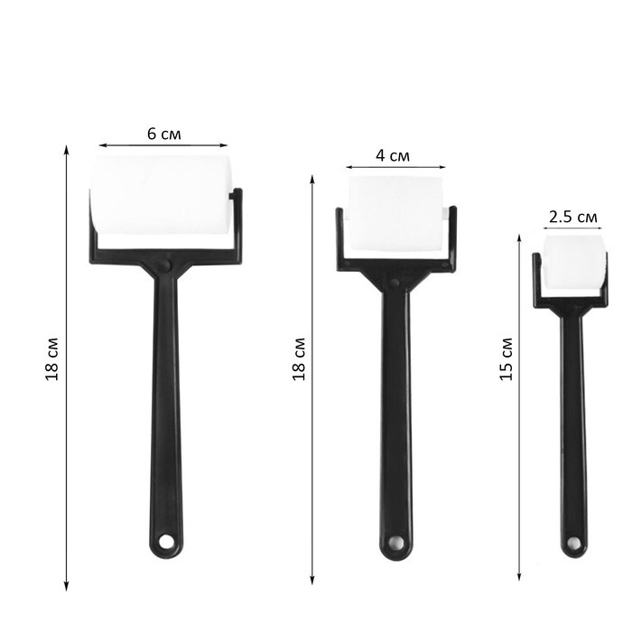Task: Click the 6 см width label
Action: pos(164,134)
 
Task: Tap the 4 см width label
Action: pos(393,155)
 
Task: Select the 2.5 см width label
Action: pos(572,217)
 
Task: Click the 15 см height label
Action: pos(507,358)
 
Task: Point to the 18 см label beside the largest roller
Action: pos(52,358)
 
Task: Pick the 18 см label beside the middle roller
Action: pos(299,358)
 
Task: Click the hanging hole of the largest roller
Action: pos(165,542)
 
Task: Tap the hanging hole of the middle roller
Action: pos(395,542)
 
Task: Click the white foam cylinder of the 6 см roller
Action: pos(160,195)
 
